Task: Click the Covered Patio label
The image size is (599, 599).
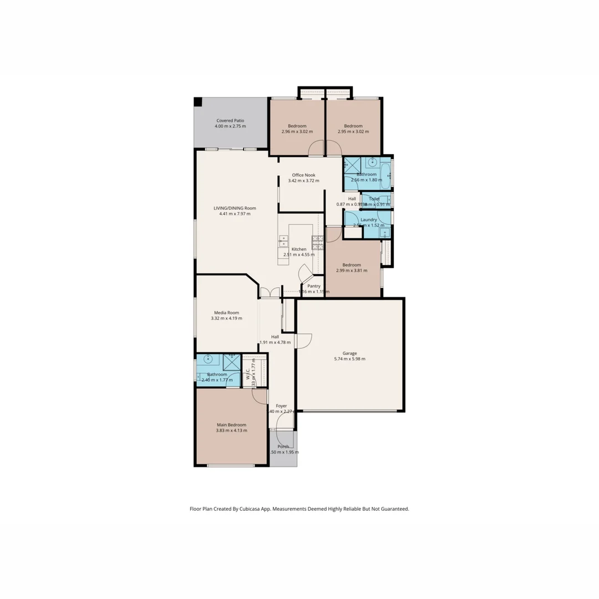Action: pos(230,120)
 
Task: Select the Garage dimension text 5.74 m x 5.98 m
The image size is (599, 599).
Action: pos(349,359)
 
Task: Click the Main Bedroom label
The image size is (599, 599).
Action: pos(231,425)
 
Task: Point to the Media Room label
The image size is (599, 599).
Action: pos(226,313)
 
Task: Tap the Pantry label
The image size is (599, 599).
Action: pos(314,286)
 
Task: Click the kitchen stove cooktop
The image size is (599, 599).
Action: pos(317,242)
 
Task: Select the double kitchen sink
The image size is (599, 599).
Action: pos(283,241)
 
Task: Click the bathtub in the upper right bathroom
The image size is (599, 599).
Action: pos(386,174)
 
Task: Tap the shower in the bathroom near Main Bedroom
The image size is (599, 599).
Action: pos(231,362)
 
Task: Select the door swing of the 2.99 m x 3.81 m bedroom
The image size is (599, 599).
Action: pos(333,235)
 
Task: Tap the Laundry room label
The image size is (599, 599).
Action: pos(368,220)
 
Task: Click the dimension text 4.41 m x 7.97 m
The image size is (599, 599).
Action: pos(235,214)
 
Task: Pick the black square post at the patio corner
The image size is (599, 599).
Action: pos(197,101)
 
